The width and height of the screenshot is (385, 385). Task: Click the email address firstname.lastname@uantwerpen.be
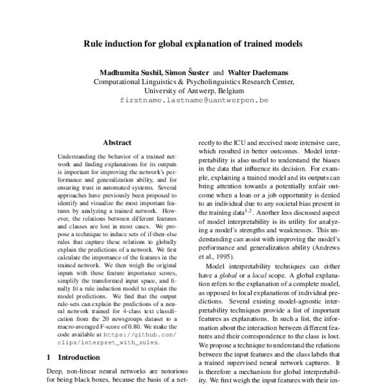click(193, 101)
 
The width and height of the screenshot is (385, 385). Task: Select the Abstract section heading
click(116, 142)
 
